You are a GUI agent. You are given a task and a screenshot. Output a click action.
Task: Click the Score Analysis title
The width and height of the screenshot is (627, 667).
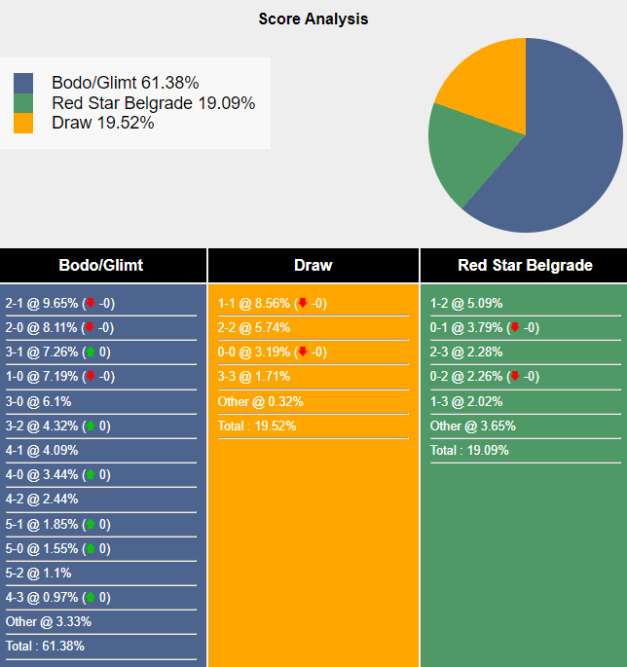313,19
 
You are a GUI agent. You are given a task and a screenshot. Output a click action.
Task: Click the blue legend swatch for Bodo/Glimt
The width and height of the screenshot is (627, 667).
23,84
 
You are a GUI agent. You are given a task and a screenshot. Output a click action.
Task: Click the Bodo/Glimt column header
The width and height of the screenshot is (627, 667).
101,265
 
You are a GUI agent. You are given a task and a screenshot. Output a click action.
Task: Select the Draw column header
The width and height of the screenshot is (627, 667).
313,265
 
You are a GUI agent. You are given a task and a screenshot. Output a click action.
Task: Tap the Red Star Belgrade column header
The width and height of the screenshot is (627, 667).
525,265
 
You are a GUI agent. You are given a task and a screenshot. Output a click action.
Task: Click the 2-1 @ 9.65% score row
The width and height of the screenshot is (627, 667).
43,303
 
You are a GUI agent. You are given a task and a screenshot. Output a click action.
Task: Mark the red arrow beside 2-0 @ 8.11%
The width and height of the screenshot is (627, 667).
90,327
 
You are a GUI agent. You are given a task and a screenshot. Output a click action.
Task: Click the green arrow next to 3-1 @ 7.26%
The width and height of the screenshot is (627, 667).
91,352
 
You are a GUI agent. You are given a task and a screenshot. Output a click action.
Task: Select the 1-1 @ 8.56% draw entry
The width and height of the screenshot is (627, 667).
254,303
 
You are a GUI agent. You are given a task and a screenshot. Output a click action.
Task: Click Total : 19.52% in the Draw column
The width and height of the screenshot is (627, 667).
257,426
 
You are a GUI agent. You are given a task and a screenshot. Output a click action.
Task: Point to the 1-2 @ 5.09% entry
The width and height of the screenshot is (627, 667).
466,303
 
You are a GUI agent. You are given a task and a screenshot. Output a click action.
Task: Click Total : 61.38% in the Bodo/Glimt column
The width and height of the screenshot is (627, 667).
45,646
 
